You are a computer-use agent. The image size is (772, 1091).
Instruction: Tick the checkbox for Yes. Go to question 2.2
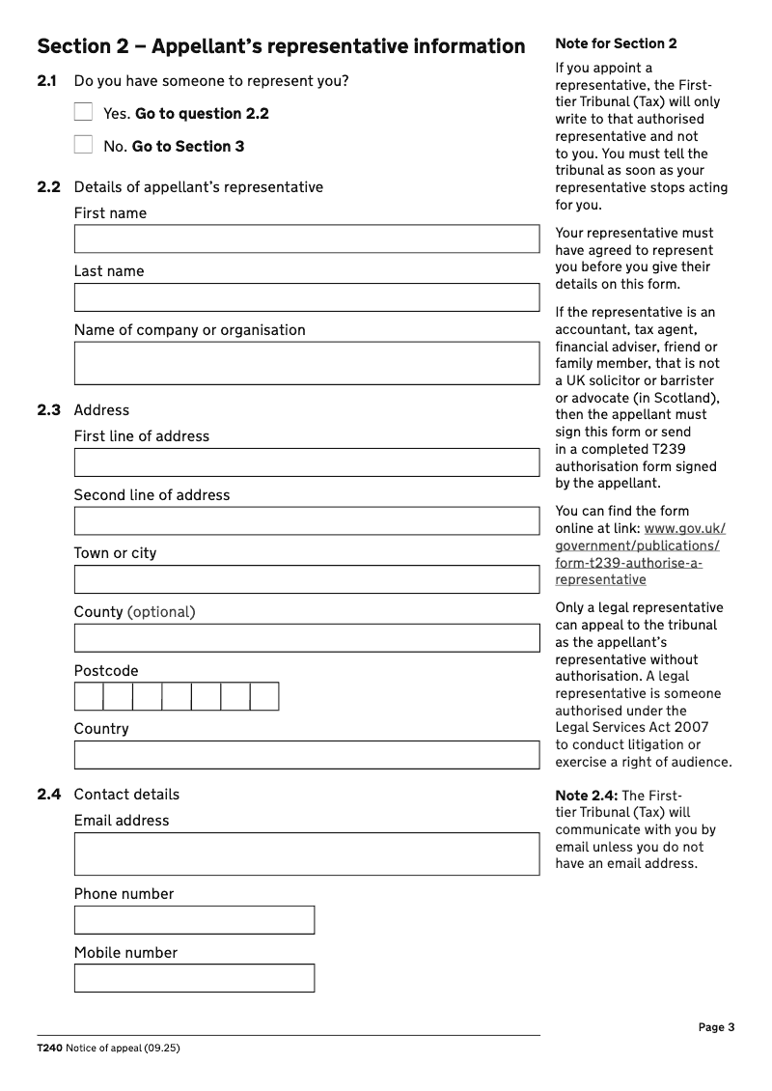83,112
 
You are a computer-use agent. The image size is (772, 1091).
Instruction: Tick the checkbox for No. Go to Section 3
83,145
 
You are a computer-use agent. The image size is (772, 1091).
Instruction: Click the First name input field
307,239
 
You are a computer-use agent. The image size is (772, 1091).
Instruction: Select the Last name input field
307,297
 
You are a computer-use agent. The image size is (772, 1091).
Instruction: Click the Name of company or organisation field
307,363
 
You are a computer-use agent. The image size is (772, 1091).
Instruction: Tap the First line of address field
307,462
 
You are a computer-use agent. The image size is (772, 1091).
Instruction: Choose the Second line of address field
307,521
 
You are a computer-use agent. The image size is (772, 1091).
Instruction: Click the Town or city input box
307,579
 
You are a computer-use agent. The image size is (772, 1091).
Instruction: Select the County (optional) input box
307,638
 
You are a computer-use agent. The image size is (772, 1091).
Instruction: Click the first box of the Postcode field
89,696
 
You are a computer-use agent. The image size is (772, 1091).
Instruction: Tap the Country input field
307,755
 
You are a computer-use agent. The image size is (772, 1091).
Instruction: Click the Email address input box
307,854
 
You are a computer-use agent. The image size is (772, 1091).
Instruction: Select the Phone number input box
194,920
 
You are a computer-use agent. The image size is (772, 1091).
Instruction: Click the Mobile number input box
194,978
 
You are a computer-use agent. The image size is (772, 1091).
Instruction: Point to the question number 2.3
48,410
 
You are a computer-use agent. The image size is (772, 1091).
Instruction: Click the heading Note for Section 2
616,43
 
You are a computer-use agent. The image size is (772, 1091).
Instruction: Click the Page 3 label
716,1027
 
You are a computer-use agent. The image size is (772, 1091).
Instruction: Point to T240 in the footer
49,1048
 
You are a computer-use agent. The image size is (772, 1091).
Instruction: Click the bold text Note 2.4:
586,796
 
